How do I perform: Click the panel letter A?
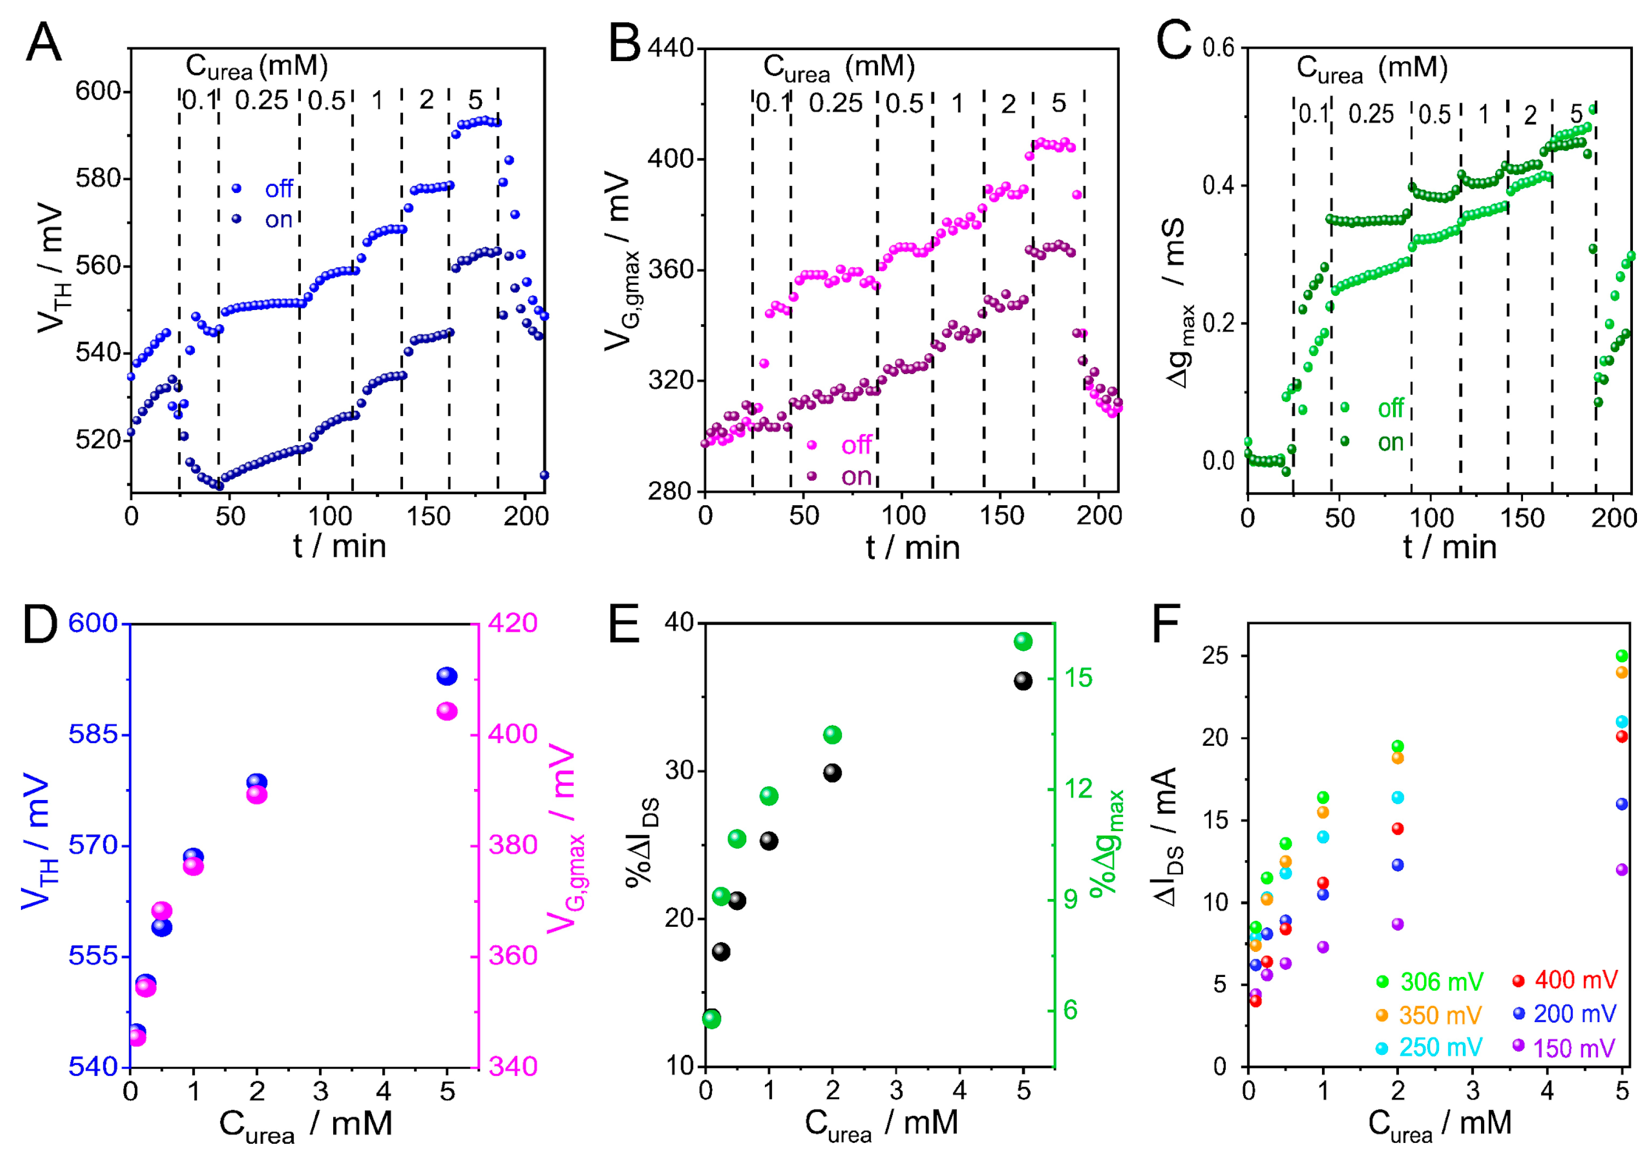click(43, 43)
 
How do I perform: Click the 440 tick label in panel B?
click(671, 48)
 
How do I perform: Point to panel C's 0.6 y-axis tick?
click(1218, 48)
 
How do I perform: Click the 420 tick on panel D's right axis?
click(513, 622)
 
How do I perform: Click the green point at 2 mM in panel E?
click(832, 734)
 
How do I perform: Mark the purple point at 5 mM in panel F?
click(1622, 870)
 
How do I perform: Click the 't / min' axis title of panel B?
click(912, 547)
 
